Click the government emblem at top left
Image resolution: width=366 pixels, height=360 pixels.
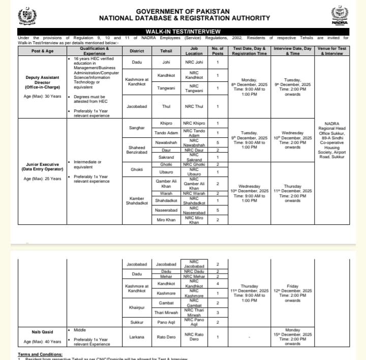27,16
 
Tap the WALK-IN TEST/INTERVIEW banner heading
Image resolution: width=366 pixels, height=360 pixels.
183,32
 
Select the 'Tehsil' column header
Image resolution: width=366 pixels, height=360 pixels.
166,51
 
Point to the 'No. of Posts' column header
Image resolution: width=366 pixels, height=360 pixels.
218,51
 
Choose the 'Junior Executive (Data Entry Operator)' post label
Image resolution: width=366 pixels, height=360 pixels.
43,167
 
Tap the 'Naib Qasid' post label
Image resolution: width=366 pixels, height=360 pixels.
43,332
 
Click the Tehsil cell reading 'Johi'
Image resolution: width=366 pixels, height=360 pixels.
166,63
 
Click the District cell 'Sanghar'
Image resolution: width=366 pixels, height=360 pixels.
137,128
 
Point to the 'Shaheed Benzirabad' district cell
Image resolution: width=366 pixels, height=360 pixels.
137,149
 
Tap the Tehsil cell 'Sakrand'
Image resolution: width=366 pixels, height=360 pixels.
166,158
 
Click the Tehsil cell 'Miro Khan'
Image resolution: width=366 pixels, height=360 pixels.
166,220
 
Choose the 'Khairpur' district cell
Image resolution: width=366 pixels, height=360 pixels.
137,308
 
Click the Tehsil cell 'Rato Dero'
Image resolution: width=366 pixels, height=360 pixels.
166,337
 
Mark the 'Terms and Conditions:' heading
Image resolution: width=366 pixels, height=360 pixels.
40,354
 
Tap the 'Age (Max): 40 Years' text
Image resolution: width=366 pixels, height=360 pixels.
43,341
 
